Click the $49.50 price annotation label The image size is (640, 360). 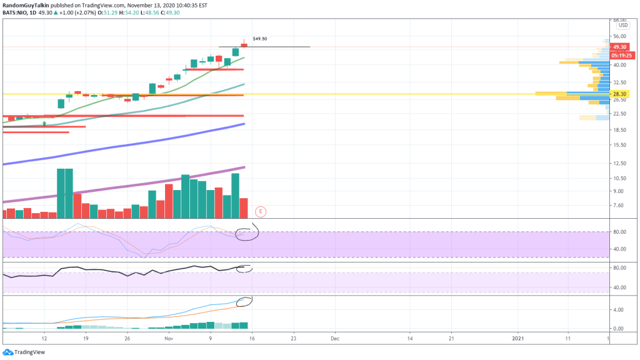click(x=259, y=39)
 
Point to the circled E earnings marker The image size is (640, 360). click(x=260, y=211)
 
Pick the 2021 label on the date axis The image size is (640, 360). click(x=518, y=338)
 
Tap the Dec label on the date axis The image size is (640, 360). click(x=334, y=338)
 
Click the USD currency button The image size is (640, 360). click(x=622, y=26)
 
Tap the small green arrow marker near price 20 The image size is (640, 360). click(x=44, y=124)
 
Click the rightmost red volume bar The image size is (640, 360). click(x=244, y=207)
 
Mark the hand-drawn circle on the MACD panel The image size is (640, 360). click(x=244, y=301)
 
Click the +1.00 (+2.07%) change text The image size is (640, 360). click(x=69, y=12)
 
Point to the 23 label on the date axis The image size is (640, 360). click(x=293, y=338)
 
